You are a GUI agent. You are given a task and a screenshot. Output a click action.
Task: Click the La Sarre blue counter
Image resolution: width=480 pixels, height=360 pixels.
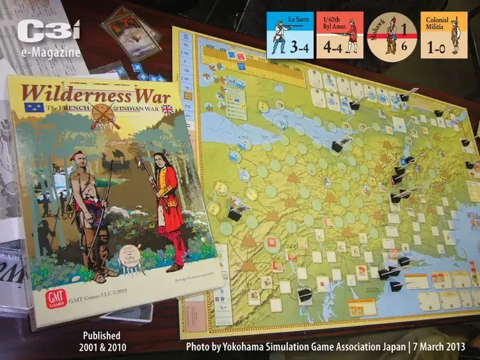(x=290, y=35)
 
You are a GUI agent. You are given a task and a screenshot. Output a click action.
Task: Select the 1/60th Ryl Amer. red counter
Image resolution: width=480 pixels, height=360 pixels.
(x=339, y=35)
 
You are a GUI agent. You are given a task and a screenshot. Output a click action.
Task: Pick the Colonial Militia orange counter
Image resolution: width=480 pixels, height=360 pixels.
(x=444, y=35)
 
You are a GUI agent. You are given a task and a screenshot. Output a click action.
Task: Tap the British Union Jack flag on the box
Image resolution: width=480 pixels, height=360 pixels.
(x=168, y=109)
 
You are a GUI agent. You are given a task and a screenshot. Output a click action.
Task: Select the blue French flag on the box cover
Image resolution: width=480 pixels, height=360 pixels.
(x=33, y=107)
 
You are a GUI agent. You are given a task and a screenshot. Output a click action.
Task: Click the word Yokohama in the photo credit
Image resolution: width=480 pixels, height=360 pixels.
(x=247, y=347)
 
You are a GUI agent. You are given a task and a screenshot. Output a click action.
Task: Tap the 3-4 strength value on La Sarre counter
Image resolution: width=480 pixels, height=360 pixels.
(x=301, y=47)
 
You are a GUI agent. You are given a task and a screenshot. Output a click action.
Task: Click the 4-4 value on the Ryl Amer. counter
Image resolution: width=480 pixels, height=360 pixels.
(x=330, y=47)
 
